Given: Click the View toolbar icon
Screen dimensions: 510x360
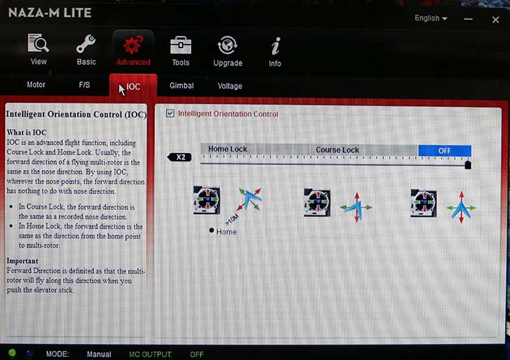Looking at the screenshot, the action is tap(38, 43).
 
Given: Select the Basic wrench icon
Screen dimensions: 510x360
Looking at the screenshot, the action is tap(86, 44).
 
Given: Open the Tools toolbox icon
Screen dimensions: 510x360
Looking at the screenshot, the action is tap(181, 45).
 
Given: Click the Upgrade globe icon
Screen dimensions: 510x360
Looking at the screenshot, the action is tap(227, 45).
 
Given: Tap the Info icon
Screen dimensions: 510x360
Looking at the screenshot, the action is tap(276, 46).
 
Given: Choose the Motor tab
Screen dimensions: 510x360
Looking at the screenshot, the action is tap(36, 84).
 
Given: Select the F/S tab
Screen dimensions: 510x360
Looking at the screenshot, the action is tap(84, 85).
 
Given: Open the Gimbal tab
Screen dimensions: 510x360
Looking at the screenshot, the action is tap(181, 86).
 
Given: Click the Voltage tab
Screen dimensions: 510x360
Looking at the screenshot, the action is tap(229, 86).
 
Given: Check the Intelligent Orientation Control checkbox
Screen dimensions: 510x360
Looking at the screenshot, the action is tap(170, 113).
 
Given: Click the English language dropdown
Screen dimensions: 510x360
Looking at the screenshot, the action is tap(431, 18).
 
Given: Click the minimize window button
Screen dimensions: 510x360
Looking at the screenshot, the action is tap(468, 19).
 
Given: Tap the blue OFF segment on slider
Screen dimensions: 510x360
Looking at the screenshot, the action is tap(445, 151).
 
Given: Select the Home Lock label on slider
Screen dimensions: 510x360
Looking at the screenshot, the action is tap(227, 149).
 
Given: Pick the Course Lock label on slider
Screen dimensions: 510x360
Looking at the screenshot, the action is tap(337, 150).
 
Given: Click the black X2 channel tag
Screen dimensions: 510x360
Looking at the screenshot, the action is tap(179, 157).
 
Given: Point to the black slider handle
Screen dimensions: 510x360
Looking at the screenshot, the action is tap(467, 164).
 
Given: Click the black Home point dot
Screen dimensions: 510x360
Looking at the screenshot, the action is tap(211, 230).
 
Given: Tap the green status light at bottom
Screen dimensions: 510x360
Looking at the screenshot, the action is tap(12, 352).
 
